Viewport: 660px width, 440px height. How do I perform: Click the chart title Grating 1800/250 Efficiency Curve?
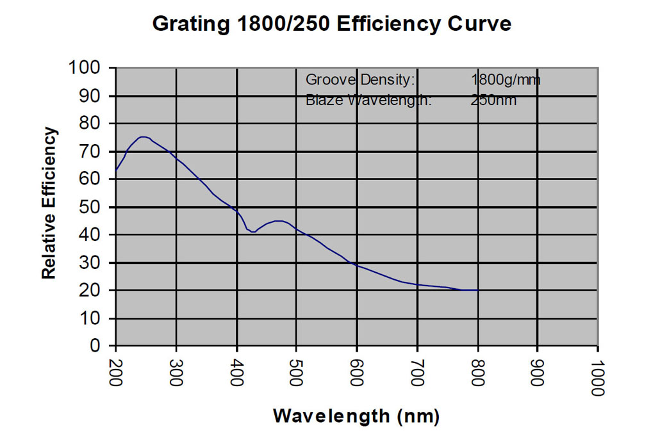click(x=332, y=24)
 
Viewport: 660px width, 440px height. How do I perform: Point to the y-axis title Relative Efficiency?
click(x=49, y=203)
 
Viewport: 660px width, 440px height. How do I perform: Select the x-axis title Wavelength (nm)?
click(x=356, y=416)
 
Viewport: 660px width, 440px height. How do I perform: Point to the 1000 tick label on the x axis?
click(x=598, y=377)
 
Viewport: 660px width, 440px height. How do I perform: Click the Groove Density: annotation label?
click(x=361, y=80)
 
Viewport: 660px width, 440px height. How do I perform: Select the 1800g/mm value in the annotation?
click(x=506, y=80)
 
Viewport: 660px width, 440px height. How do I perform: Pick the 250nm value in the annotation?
click(x=493, y=100)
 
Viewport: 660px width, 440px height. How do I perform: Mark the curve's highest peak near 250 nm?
click(x=144, y=136)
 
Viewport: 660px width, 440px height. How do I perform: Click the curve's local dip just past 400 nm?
click(x=253, y=232)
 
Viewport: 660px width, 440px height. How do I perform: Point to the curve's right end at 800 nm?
click(x=477, y=290)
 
